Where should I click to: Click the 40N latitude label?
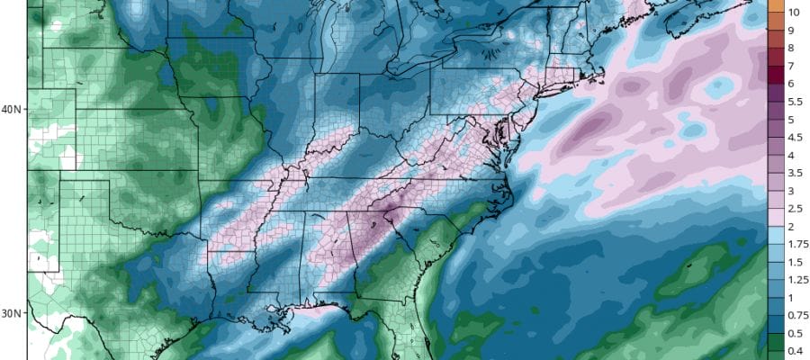point(12,110)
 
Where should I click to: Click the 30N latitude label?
point(12,313)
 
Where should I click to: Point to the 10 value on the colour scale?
point(795,13)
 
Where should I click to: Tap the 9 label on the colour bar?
point(791,31)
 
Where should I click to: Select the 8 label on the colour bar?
point(791,49)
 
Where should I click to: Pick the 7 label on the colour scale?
point(791,67)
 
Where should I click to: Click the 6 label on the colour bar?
point(791,84)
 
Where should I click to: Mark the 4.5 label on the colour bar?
point(795,138)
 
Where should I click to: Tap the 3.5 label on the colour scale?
point(795,173)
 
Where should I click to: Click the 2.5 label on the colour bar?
point(795,209)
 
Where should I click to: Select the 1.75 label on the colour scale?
point(797,244)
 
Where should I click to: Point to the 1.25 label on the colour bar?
point(797,280)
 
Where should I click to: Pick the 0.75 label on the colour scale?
point(797,315)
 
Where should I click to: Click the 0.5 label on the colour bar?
point(795,333)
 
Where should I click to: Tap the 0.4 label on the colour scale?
point(795,350)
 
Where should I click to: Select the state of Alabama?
point(328,252)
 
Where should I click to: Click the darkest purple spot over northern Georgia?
point(385,214)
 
